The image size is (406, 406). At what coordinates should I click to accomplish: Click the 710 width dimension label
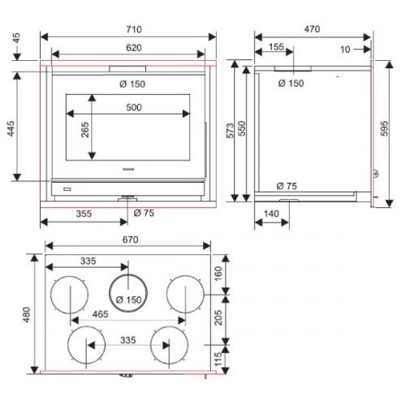tap(134, 29)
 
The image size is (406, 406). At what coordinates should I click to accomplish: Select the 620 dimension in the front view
tap(134, 48)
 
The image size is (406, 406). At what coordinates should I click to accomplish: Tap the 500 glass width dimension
tap(134, 107)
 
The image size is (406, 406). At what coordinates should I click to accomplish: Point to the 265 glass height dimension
tap(85, 130)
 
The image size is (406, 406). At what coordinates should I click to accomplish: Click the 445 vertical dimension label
tap(11, 128)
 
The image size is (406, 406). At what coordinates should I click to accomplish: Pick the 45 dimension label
tap(16, 38)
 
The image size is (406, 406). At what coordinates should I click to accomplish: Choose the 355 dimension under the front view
tap(84, 214)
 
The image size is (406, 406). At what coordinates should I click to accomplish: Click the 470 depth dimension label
tap(312, 28)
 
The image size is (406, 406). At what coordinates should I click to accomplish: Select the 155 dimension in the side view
tap(276, 46)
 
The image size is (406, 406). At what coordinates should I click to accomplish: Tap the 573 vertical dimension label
tap(230, 131)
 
